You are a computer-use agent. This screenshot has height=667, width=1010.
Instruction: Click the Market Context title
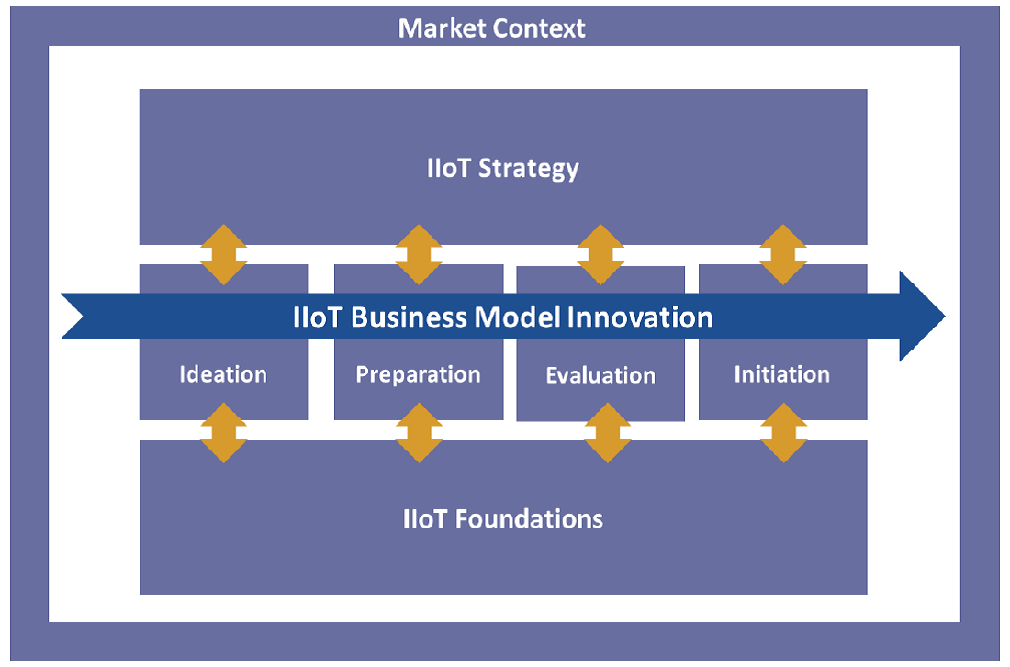pyautogui.click(x=492, y=28)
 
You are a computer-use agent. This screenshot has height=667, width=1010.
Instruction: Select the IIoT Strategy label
pyautogui.click(x=503, y=169)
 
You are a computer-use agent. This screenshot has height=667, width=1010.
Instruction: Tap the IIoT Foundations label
pyautogui.click(x=503, y=518)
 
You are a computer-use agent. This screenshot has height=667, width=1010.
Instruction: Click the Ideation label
pyautogui.click(x=223, y=374)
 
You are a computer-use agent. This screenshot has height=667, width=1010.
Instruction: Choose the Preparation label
pyautogui.click(x=418, y=374)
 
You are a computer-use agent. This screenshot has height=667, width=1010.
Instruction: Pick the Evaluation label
pyautogui.click(x=600, y=375)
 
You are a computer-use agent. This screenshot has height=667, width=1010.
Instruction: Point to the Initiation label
pyautogui.click(x=782, y=374)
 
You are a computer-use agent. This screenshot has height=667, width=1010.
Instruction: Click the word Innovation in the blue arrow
pyautogui.click(x=640, y=317)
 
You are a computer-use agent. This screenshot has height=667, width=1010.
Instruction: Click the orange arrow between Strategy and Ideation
pyautogui.click(x=224, y=254)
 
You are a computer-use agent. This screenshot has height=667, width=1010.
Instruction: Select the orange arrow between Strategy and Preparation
pyautogui.click(x=419, y=254)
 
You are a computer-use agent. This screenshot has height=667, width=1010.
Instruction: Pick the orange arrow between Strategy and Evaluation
pyautogui.click(x=601, y=254)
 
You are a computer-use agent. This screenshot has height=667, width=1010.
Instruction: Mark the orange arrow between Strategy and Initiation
pyautogui.click(x=783, y=254)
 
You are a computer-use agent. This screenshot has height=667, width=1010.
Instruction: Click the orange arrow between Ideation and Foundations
pyautogui.click(x=224, y=432)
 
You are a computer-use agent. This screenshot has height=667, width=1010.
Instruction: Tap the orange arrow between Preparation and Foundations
pyautogui.click(x=419, y=432)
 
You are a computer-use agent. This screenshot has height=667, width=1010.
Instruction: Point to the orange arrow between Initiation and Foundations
pyautogui.click(x=783, y=432)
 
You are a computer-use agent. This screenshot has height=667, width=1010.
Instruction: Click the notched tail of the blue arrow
pyautogui.click(x=77, y=317)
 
